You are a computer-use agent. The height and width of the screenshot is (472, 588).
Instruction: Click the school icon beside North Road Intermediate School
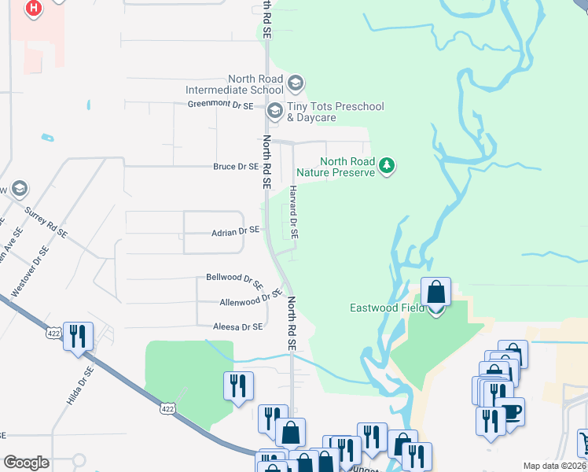[x=296, y=83]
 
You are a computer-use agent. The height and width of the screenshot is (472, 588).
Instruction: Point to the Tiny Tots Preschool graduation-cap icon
[x=274, y=110]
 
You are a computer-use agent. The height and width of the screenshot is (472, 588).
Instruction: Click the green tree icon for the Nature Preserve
[x=386, y=165]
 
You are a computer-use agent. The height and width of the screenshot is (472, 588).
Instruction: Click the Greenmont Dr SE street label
[x=220, y=105]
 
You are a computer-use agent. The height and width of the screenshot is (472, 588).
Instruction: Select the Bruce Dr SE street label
[x=236, y=167]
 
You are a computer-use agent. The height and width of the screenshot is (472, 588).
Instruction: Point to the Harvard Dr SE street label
[x=293, y=212]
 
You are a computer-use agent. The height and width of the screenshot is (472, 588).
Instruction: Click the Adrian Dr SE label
[x=235, y=231]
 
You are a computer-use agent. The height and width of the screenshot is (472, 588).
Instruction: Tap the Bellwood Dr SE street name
[x=233, y=278]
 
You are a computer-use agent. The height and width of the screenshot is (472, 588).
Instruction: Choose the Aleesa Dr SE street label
[x=237, y=326]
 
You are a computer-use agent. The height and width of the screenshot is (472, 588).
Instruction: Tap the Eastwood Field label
[x=387, y=308]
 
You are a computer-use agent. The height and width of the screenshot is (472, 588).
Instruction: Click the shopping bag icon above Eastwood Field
[x=435, y=293]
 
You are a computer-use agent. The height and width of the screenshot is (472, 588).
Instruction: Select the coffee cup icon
[x=510, y=411]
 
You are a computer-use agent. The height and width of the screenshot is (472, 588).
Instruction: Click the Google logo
[x=26, y=463]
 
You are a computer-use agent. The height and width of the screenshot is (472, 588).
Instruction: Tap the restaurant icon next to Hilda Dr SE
[x=78, y=336]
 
